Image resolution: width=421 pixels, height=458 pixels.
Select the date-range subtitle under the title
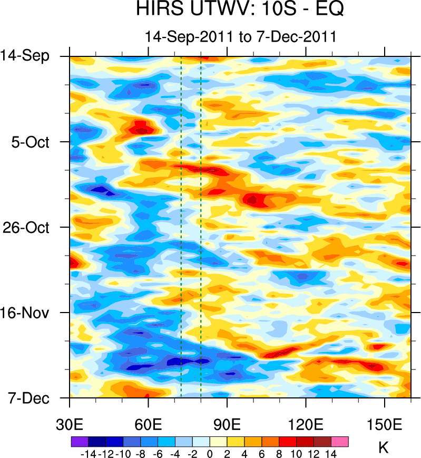tap(240, 37)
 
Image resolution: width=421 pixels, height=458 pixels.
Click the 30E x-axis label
tap(70, 423)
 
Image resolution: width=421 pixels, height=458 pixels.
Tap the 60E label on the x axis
tap(149, 423)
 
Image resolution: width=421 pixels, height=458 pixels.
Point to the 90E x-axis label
tap(227, 423)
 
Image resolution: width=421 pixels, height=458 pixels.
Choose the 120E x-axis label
tap(306, 423)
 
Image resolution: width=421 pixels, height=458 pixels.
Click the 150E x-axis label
tap(385, 423)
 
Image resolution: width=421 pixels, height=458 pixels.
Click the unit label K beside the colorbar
tap(384, 448)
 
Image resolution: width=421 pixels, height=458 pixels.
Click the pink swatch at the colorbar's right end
tap(340, 442)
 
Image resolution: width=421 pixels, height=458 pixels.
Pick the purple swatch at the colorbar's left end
tap(80, 442)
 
